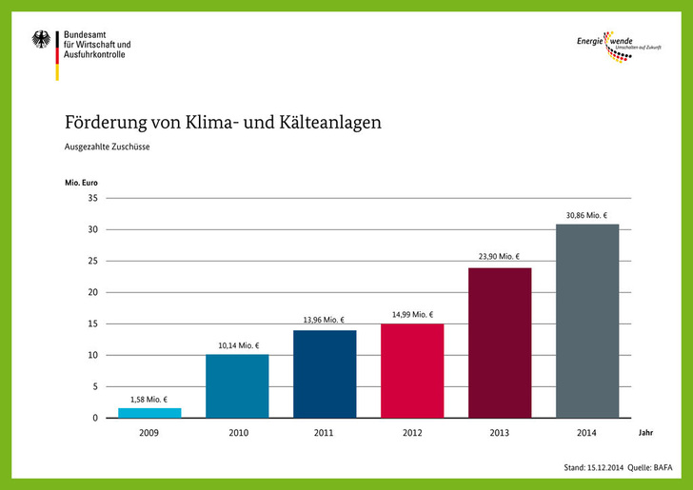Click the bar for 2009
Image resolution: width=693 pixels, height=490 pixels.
pos(149,413)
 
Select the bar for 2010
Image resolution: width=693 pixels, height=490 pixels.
pos(237,386)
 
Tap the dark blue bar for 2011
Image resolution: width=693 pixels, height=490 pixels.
pos(325,374)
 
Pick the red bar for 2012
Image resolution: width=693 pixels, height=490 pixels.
pos(412,371)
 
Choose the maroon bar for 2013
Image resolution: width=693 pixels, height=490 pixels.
pos(500,343)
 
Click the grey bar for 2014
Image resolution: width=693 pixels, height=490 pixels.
pos(587,321)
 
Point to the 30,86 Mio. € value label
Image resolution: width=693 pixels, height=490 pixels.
pos(587,216)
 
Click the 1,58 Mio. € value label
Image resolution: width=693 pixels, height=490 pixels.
pos(149,400)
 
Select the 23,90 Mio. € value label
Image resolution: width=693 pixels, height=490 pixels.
pos(499,258)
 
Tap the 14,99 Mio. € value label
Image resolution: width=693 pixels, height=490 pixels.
pos(412,315)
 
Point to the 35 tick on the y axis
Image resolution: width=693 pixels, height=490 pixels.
pos(92,198)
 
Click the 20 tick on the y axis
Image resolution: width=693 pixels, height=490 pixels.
pos(92,292)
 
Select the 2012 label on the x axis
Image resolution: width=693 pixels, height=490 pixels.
pos(412,432)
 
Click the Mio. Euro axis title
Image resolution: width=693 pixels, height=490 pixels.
pos(81,181)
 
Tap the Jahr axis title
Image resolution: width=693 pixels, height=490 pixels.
pos(646,432)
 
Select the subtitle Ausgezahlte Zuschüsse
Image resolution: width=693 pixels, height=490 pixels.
pos(108,147)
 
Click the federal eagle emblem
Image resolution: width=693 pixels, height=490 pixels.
pos(42,41)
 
